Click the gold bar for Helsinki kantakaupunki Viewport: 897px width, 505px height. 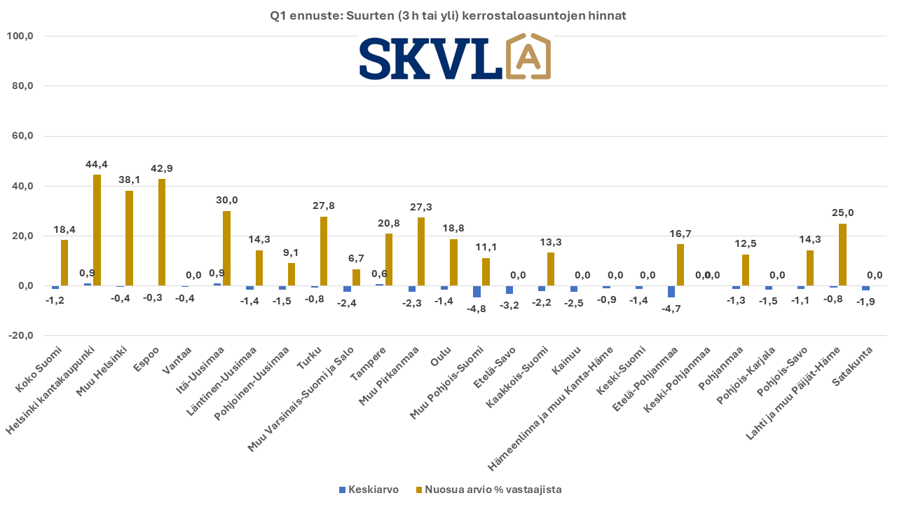[x=97, y=230]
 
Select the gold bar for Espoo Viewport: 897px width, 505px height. [x=162, y=232]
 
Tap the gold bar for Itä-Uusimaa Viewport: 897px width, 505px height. [x=226, y=248]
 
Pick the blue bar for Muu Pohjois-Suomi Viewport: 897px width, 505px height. [x=477, y=292]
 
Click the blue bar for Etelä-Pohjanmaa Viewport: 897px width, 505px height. [x=671, y=292]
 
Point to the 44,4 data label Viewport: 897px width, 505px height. [x=97, y=164]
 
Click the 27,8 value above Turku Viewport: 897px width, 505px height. [x=324, y=206]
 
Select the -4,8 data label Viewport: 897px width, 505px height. [x=476, y=309]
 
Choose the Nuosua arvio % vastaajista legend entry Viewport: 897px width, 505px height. [x=489, y=490]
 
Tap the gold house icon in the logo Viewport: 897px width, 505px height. [x=528, y=56]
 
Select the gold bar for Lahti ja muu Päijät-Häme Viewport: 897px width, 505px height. [x=843, y=255]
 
